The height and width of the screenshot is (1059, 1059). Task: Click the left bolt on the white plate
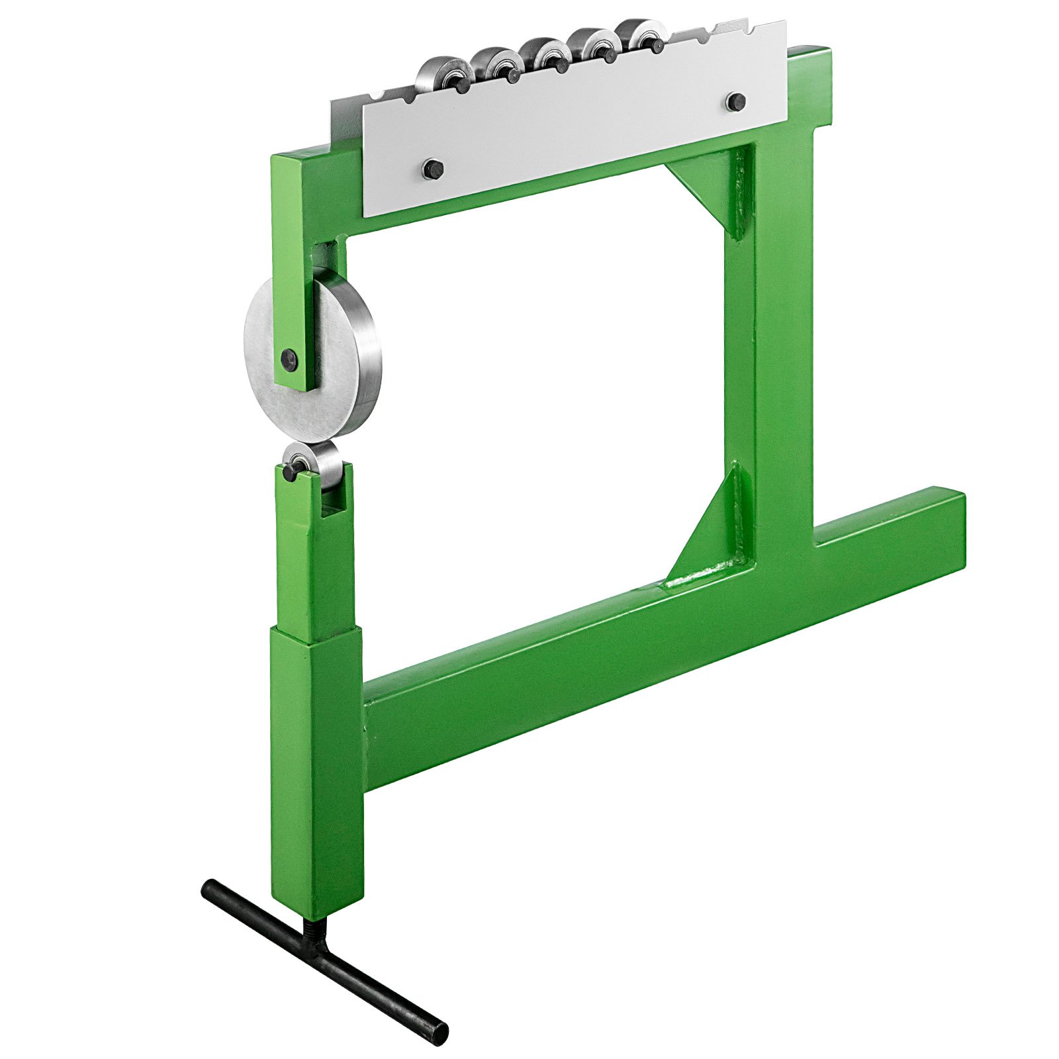[x=432, y=169]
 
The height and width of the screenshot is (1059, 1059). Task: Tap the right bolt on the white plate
[x=735, y=102]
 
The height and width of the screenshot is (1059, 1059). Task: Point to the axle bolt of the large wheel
[x=289, y=359]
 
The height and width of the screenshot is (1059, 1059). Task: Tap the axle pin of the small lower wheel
[x=290, y=472]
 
